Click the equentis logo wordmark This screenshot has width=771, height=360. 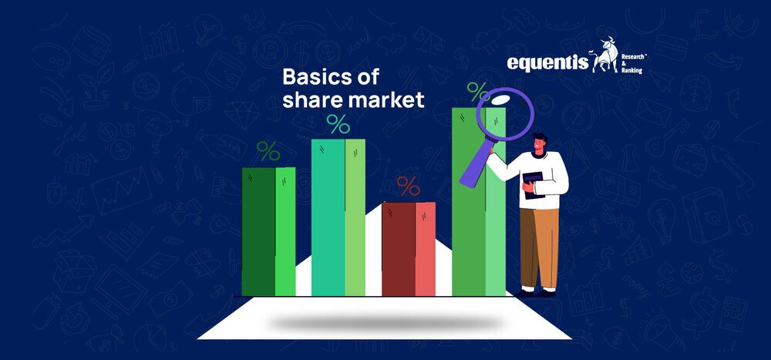click(547, 63)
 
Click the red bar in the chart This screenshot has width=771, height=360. click(409, 249)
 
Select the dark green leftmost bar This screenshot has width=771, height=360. click(268, 231)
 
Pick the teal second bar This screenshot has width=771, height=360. click(338, 217)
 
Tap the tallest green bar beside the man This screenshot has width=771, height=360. click(479, 202)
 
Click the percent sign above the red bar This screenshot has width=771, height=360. click(408, 186)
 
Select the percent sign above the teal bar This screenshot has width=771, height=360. click(338, 124)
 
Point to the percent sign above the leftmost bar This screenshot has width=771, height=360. click(268, 151)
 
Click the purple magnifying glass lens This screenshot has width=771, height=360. click(505, 114)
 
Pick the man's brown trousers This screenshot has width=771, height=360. click(540, 247)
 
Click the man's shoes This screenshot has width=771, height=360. click(535, 293)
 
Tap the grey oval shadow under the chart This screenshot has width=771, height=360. click(384, 323)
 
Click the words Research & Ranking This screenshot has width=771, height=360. click(634, 64)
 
